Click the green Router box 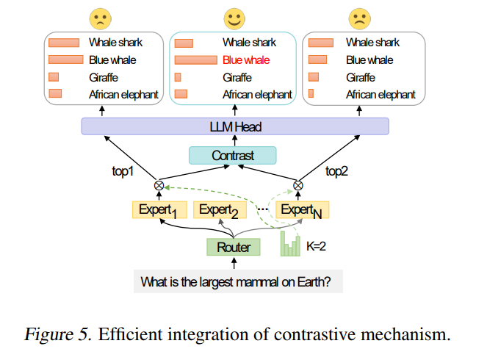coord(234,248)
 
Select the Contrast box coord(233,155)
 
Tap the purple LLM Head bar coord(235,126)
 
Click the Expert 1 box coord(159,210)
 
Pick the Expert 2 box coord(220,210)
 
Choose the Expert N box coord(302,210)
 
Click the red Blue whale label coord(246,60)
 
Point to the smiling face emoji coord(234,19)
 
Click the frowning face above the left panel coord(101,19)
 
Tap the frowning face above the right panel coord(360,19)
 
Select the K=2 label coord(316,246)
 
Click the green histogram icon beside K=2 coord(290,244)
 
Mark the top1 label coord(123,171)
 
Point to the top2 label coord(336,171)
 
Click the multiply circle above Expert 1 coord(159,186)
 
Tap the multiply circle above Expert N coord(297,186)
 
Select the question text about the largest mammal coord(236,282)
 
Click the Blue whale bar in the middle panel coord(195,60)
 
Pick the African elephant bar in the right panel coord(311,93)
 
